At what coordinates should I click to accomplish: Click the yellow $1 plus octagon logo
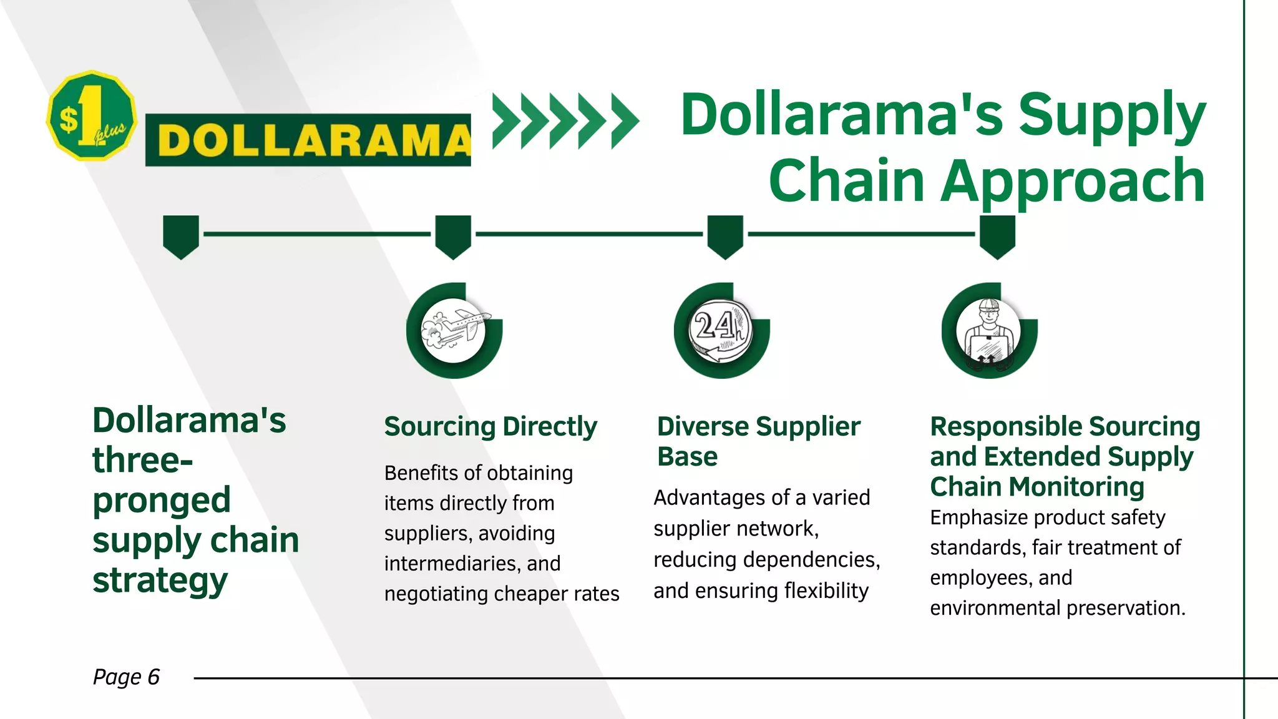[92, 115]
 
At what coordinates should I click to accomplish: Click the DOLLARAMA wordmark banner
[308, 140]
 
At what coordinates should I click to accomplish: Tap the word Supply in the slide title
[1112, 116]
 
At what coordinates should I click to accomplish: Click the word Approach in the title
[1072, 182]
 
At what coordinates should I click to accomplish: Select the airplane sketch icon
[454, 330]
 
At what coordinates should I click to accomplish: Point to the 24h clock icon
[721, 330]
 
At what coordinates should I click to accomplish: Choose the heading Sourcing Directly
[490, 427]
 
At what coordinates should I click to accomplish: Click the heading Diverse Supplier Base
[758, 441]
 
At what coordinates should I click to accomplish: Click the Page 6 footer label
[126, 677]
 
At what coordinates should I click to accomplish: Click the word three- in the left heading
[143, 460]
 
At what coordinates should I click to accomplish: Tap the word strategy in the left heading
[160, 580]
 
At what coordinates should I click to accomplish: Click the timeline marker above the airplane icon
[453, 236]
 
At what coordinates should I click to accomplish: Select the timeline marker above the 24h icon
[725, 236]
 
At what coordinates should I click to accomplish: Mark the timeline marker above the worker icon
[997, 236]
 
